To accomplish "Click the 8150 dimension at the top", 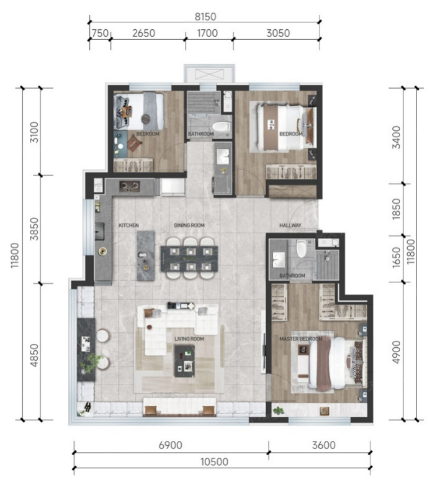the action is point(205,17).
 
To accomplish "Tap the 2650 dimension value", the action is point(143,33).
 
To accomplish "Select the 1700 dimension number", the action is point(207,33).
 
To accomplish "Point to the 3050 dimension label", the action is point(278,33).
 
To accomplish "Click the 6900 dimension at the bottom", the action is point(171,445).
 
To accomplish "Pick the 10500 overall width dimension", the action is point(214,462).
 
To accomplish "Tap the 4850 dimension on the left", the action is point(34,355).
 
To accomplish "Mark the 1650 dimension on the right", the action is point(396,257).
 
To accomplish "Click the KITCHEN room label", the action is point(128,225).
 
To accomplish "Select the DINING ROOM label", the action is point(189,225).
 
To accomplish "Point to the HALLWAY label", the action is point(290,225).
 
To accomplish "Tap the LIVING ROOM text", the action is point(189,339).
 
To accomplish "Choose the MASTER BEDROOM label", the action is point(301,339).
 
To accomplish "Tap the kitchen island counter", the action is point(146,256).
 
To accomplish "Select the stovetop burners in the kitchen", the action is point(130,186).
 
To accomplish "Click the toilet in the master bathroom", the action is point(301,248).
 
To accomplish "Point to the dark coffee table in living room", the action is point(184,361).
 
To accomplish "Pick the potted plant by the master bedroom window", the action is point(279,410).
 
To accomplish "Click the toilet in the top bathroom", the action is point(221,127).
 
